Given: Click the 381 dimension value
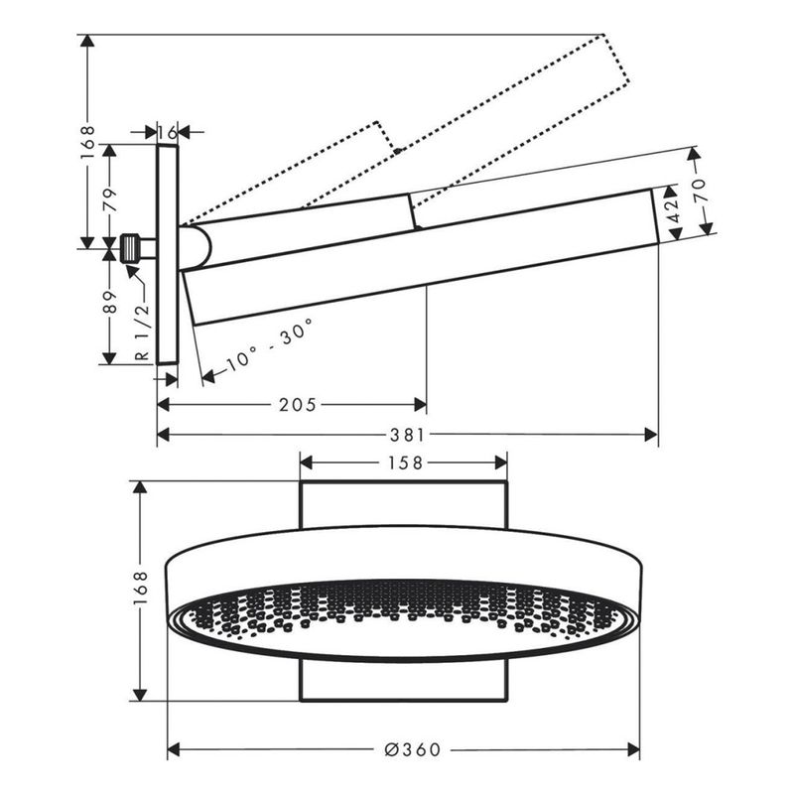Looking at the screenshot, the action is coord(407,435).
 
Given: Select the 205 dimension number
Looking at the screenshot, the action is coord(297,405).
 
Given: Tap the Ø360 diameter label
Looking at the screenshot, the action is coord(413,749).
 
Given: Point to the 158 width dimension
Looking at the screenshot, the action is coord(405,463).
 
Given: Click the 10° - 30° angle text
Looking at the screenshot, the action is coord(269,345).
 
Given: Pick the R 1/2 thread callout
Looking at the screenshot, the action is coord(143,331).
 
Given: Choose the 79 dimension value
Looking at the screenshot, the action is coord(110,199).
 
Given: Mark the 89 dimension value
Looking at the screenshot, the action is coord(110,302).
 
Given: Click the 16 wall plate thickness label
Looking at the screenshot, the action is coord(168,133).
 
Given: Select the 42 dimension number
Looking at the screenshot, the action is coord(673,210).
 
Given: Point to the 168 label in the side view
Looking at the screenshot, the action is coord(87,143).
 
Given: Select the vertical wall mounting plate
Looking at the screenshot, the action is coord(168,254).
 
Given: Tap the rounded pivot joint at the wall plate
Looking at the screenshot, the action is coord(195,247).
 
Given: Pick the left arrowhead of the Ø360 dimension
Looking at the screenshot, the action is coord(175,749).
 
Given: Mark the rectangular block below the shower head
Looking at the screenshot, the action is coord(404,680).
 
